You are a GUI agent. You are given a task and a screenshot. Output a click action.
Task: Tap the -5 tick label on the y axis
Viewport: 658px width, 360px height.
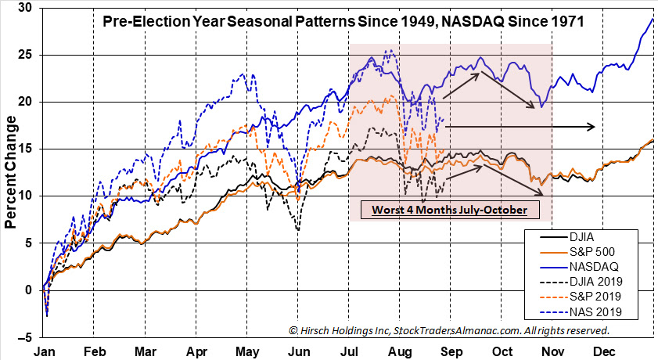tap(25, 337)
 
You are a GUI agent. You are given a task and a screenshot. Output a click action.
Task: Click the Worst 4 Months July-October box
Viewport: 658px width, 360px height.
tap(449, 210)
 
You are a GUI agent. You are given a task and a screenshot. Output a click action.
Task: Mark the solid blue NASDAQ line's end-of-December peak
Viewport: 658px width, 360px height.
tap(653, 19)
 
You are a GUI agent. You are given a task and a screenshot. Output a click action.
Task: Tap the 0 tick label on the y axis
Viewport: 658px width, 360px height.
tap(28, 290)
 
